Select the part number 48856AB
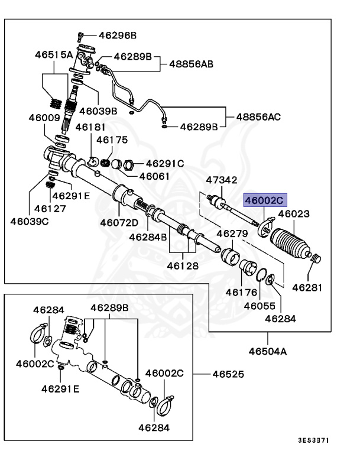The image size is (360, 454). [192, 62]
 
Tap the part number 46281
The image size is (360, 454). [309, 288]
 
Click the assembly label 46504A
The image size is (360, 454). [267, 351]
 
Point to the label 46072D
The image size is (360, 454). [119, 223]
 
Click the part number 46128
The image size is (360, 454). [182, 266]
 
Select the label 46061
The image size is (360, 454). [155, 176]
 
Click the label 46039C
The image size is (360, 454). [29, 221]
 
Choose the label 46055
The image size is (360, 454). [260, 306]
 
